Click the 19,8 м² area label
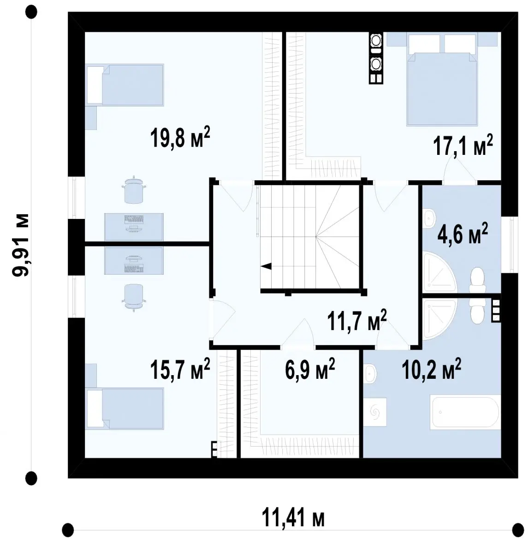(180, 137)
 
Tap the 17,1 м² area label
(463, 146)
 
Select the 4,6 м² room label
(463, 234)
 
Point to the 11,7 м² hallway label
(357, 321)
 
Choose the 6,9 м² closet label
(309, 369)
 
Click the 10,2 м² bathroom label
(431, 369)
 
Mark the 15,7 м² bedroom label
(180, 369)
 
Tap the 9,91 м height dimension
(21, 245)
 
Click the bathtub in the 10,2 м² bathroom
(465, 412)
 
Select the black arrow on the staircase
(266, 266)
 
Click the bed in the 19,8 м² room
(125, 85)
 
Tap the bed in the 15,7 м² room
(125, 409)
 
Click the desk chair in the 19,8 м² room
(134, 189)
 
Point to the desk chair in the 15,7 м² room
(134, 298)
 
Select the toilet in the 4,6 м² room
(478, 280)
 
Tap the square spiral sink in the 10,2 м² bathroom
(374, 412)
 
